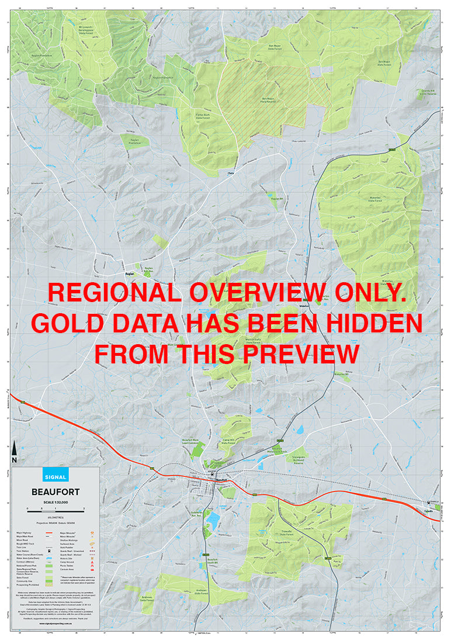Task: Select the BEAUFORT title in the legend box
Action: click(56, 492)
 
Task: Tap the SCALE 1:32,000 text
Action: click(56, 502)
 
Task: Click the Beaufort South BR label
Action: click(217, 561)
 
